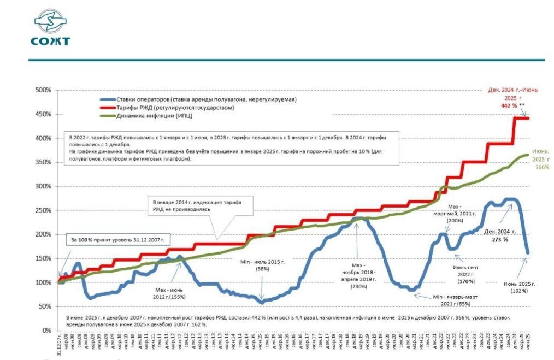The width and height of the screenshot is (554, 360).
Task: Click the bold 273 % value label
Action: click(x=497, y=239)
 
